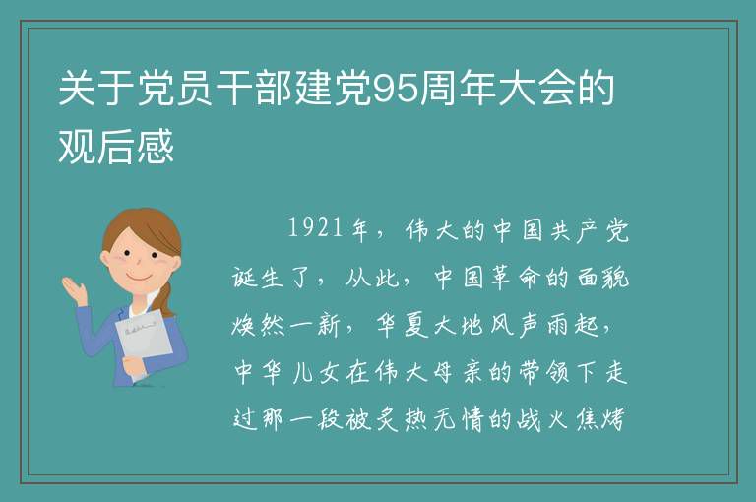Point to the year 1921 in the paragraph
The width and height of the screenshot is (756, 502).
[x=316, y=227]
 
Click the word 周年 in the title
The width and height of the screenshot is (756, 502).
[x=457, y=89]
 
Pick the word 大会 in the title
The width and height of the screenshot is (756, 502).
[x=535, y=89]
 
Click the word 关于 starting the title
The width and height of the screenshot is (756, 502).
[x=96, y=89]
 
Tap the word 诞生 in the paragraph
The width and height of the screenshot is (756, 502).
[x=257, y=278]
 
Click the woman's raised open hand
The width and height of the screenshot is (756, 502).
[x=75, y=289]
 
